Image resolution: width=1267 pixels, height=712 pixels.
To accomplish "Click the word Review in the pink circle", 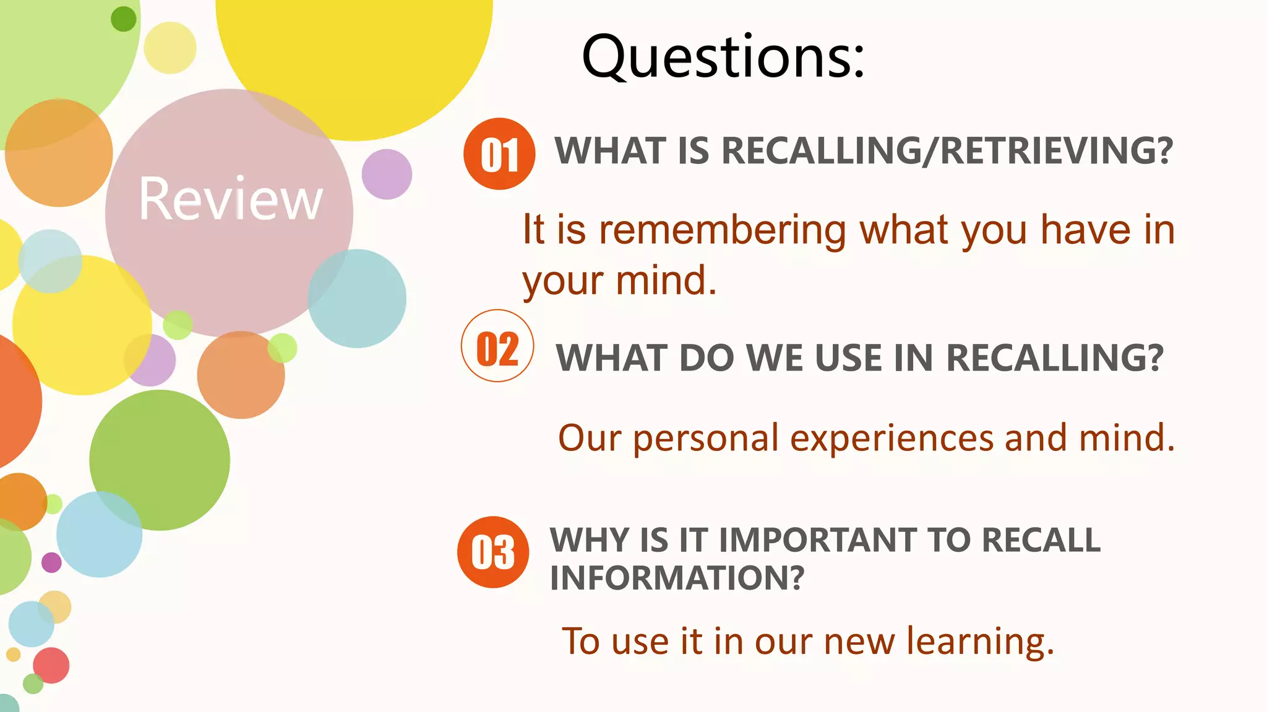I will pyautogui.click(x=231, y=199).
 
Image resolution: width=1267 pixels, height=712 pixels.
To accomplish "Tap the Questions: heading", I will pyautogui.click(x=723, y=57).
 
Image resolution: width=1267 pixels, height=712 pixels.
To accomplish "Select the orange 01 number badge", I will pyautogui.click(x=499, y=154).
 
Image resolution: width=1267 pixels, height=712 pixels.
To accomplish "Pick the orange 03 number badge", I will pyautogui.click(x=493, y=552).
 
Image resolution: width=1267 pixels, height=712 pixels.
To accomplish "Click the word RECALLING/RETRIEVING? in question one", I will pyautogui.click(x=947, y=151).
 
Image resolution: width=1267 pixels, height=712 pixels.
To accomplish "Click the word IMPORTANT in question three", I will pyautogui.click(x=817, y=539).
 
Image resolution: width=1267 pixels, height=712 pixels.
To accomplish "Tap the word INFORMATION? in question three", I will pyautogui.click(x=677, y=578).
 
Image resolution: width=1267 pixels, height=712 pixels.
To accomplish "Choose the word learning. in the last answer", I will pyautogui.click(x=980, y=641).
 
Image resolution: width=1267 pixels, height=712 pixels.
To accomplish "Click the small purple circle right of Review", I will pyautogui.click(x=387, y=174).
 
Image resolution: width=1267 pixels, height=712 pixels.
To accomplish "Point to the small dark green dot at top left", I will pyautogui.click(x=123, y=19).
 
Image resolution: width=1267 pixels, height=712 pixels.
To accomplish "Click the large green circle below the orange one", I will pyautogui.click(x=160, y=460).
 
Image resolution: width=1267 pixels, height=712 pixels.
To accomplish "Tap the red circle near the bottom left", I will pyautogui.click(x=51, y=665).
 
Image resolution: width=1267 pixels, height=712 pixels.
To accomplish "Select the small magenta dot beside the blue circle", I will pyautogui.click(x=51, y=562).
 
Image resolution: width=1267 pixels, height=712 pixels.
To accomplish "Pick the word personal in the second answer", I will pyautogui.click(x=705, y=439).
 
